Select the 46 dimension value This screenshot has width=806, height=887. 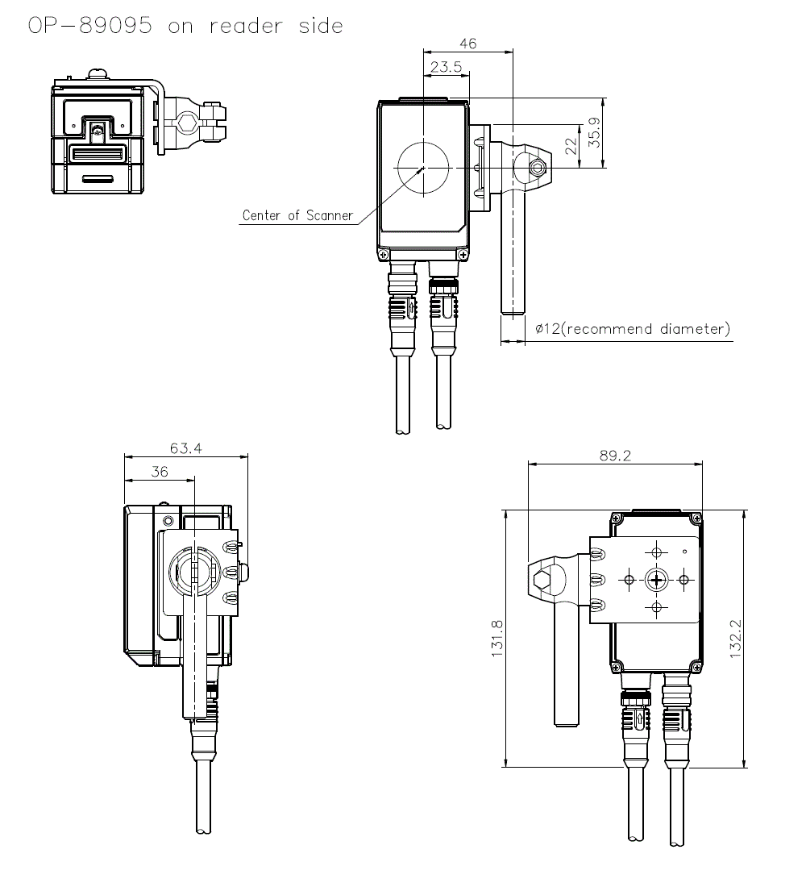pos(467,44)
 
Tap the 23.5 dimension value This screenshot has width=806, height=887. pos(446,68)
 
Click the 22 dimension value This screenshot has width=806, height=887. pos(571,147)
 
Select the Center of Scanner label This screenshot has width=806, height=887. pos(297,215)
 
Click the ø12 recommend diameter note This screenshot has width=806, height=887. pos(632,329)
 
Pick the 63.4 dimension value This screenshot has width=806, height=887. pos(186,448)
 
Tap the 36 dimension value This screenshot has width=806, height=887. pos(160,472)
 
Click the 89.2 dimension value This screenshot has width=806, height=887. pos(615,456)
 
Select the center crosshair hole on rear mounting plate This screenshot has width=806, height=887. pos(656,579)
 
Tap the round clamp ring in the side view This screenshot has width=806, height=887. pos(193,571)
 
